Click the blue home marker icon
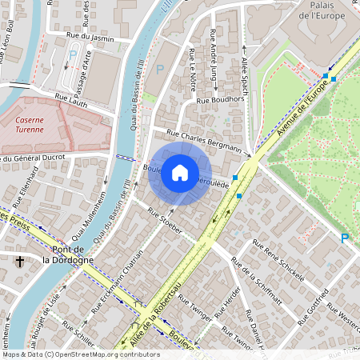[x=180, y=173]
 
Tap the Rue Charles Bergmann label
[x=204, y=140]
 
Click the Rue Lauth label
[x=70, y=97]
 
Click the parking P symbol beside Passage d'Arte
[x=73, y=55]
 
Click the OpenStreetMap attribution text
[x=80, y=354]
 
